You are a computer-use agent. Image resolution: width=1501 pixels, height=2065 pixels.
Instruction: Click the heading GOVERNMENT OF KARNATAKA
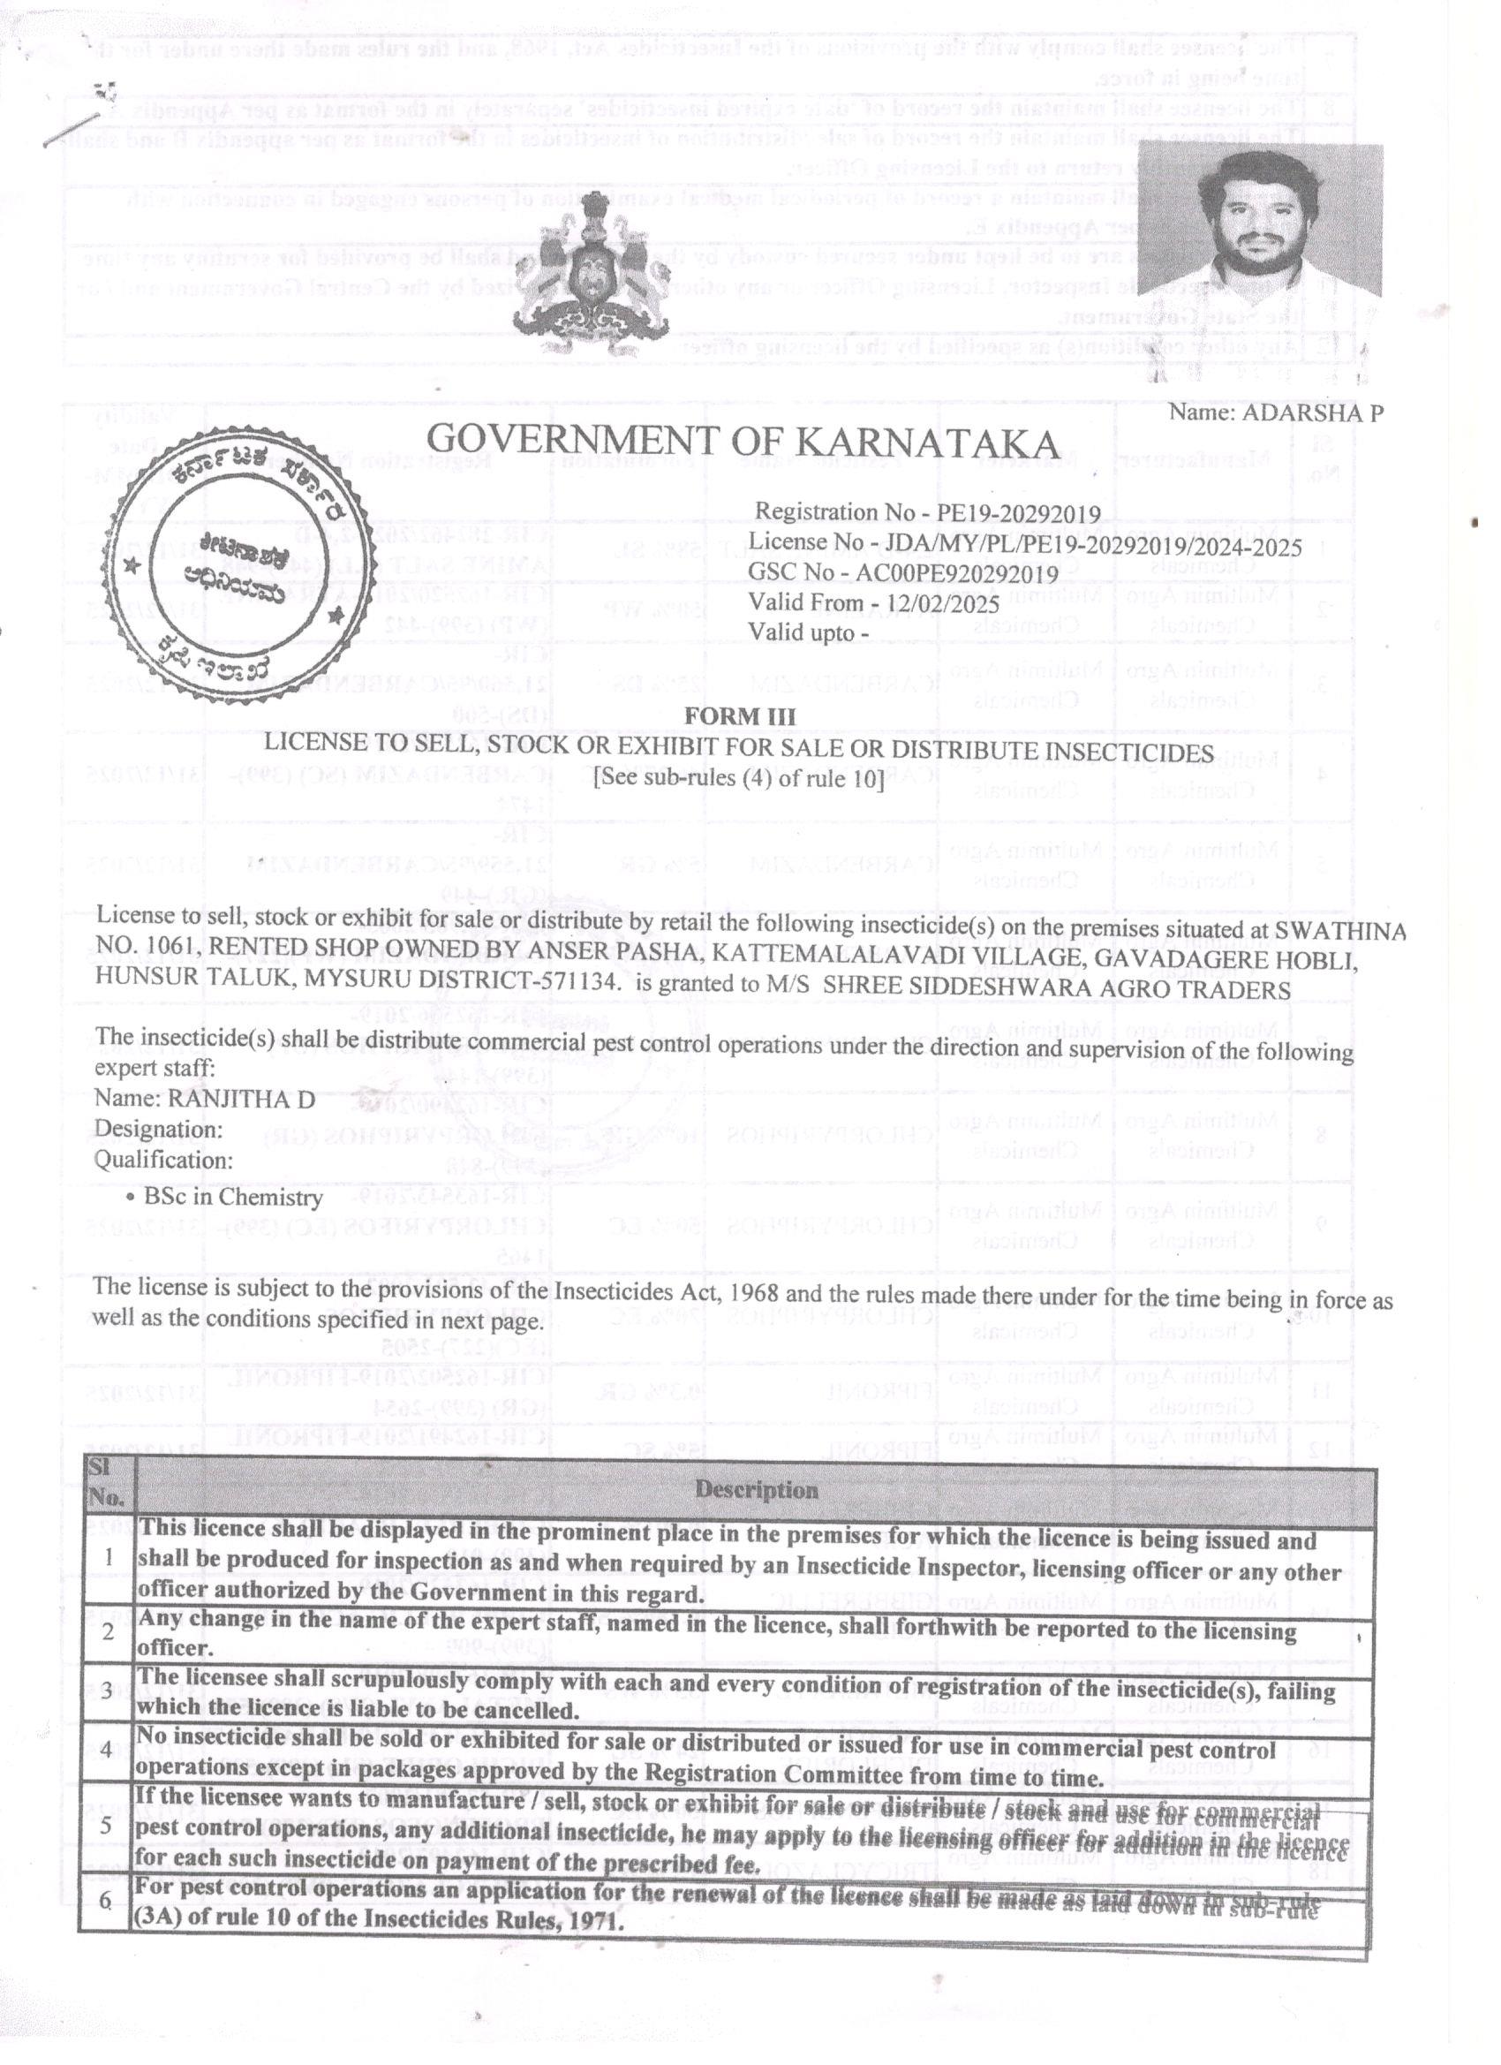click(x=743, y=442)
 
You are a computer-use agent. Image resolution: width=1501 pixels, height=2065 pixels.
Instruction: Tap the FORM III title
click(x=739, y=716)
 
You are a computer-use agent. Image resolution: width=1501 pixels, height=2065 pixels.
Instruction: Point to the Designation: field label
click(x=158, y=1130)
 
